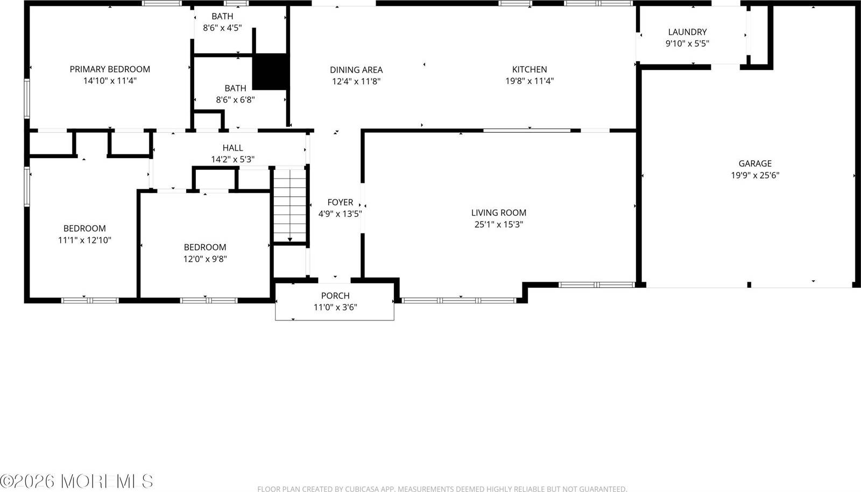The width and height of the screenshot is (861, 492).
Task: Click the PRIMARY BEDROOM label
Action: click(110, 69)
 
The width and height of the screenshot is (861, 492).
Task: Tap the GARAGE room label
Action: click(755, 163)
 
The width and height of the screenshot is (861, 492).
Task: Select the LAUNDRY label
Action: click(687, 32)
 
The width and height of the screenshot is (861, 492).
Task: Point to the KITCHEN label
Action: click(530, 69)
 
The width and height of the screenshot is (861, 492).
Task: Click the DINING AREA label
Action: click(356, 69)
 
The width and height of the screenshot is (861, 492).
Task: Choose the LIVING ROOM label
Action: click(499, 212)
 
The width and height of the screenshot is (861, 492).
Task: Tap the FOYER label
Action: click(340, 202)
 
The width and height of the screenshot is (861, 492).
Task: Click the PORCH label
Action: click(335, 296)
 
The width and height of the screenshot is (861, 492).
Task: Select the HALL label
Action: click(232, 147)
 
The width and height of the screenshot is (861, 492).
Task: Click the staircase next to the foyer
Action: click(290, 205)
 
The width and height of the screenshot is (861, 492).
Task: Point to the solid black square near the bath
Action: click(271, 72)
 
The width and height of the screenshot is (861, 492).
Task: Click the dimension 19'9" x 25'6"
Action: click(755, 175)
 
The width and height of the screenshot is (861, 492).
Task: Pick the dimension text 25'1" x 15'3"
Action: click(499, 224)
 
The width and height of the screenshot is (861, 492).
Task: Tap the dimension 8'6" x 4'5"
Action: click(222, 28)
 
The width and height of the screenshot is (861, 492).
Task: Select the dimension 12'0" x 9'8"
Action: click(205, 259)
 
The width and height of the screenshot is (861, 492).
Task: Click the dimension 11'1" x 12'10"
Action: click(84, 240)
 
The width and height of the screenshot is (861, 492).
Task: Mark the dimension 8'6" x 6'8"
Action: click(235, 99)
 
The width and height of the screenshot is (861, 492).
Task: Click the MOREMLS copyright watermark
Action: click(77, 481)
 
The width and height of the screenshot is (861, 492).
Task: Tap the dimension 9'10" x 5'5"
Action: click(687, 44)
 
